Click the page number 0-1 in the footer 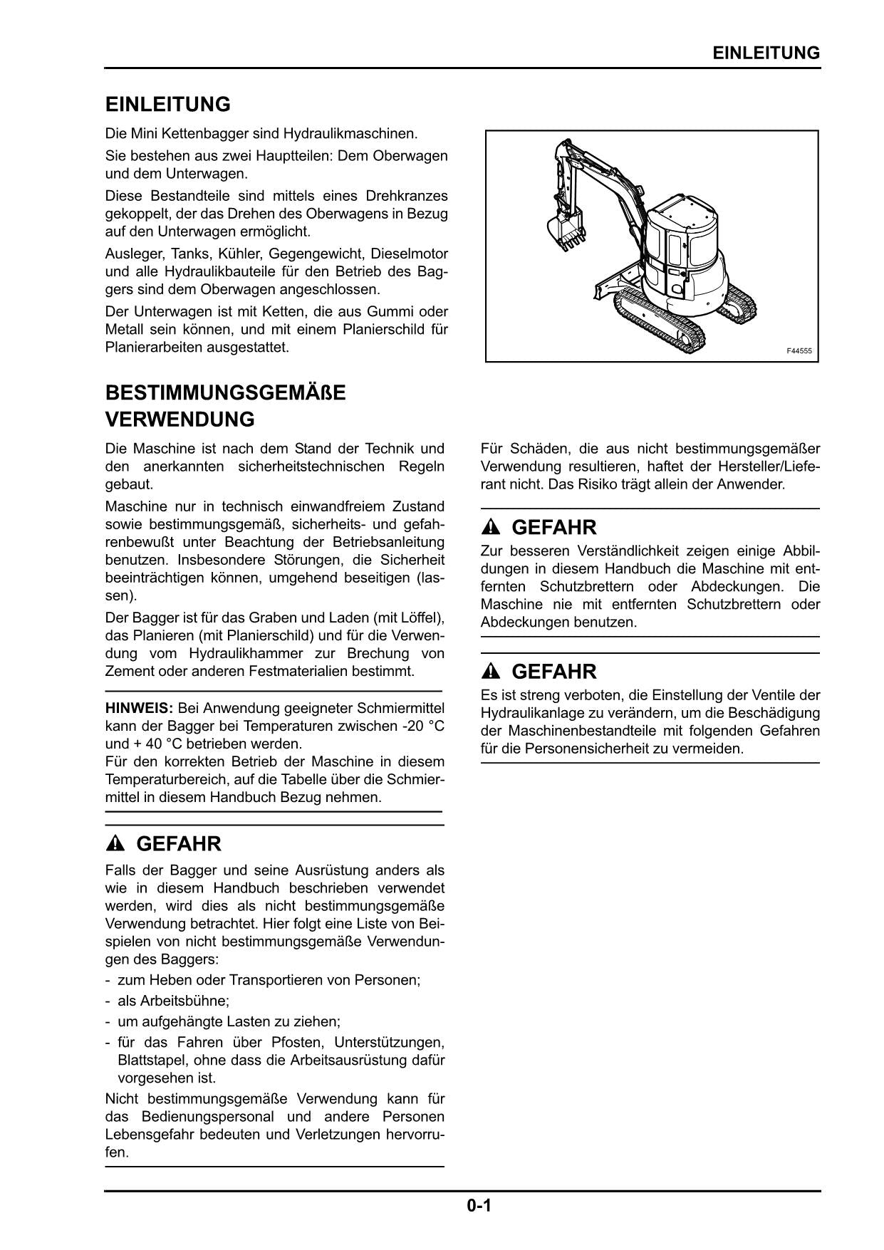click(x=479, y=1206)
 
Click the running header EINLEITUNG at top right click(x=766, y=53)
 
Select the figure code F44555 click(x=799, y=351)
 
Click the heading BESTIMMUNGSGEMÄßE click(x=225, y=393)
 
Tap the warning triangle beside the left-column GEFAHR click(x=115, y=844)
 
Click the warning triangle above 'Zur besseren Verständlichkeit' click(x=492, y=528)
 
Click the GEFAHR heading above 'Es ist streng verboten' click(x=553, y=672)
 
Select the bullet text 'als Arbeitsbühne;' click(x=173, y=1001)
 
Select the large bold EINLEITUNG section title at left click(x=168, y=105)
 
